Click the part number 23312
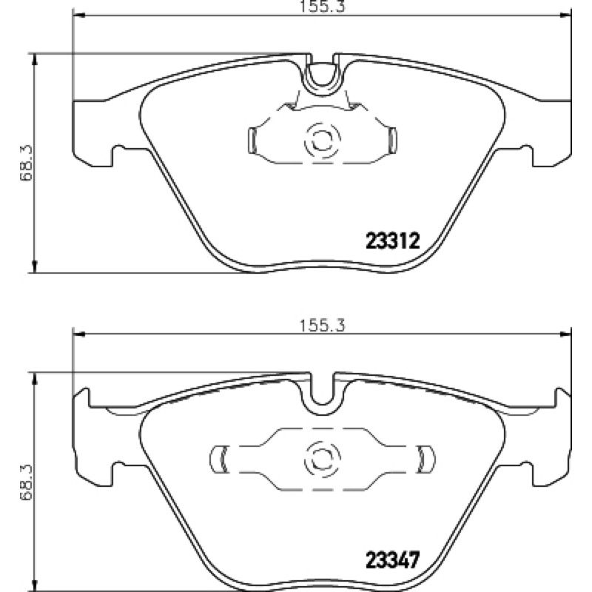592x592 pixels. [393, 241]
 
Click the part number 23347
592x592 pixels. [393, 560]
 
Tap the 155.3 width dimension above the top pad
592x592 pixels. [322, 6]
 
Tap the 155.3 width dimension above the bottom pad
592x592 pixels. [322, 326]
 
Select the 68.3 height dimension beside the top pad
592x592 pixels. [27, 163]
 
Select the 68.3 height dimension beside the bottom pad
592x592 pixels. [27, 482]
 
